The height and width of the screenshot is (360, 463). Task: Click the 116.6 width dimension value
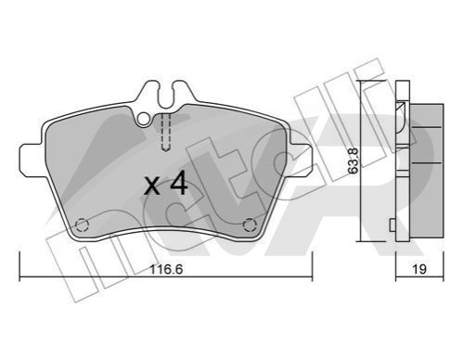tap(166, 269)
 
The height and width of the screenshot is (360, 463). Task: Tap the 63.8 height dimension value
tap(354, 161)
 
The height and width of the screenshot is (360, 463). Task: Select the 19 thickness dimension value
tap(419, 269)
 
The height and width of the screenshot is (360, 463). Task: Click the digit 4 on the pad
tap(179, 183)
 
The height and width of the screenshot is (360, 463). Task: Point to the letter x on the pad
tap(152, 186)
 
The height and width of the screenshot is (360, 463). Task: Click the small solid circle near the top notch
tap(143, 119)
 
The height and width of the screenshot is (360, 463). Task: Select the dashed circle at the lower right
tap(250, 225)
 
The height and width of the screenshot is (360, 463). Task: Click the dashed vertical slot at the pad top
tap(166, 133)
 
